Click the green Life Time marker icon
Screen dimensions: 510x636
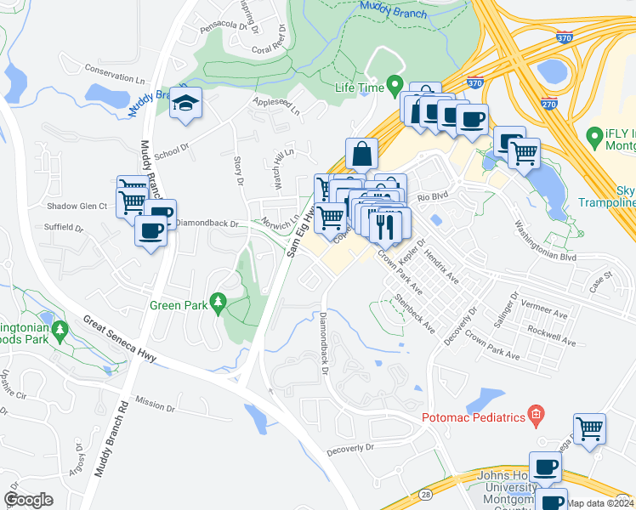395,85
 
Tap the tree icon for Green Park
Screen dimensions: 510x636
219,302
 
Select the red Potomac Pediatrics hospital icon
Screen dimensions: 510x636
535,416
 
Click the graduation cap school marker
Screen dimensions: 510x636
185,103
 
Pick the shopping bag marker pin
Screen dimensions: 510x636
361,154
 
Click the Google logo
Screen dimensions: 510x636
28,499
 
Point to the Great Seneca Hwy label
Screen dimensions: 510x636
118,338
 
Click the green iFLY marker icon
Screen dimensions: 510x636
595,136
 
